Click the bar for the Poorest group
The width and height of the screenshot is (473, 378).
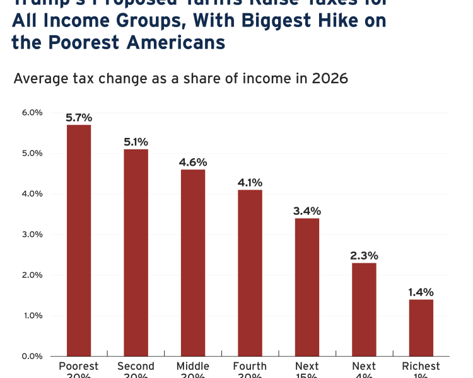[79, 240]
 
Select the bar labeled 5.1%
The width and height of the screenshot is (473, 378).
[136, 252]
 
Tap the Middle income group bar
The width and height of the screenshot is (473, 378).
[193, 262]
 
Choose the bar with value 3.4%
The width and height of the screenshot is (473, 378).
[307, 287]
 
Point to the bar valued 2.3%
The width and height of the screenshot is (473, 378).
[364, 309]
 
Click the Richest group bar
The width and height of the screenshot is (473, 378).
[421, 327]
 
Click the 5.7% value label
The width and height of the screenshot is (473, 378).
[79, 117]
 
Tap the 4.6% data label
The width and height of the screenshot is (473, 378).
[193, 162]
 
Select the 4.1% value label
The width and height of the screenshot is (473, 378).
[250, 182]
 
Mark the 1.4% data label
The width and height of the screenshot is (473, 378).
[421, 292]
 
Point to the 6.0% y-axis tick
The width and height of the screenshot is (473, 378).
[32, 113]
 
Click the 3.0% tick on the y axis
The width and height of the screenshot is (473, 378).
[32, 234]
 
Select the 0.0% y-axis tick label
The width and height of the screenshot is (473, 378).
[32, 356]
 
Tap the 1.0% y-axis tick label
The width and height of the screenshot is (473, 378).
[32, 316]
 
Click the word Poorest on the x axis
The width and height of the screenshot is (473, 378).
[79, 366]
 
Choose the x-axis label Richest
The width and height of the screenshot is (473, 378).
[421, 366]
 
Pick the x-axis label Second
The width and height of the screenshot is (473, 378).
[136, 366]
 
